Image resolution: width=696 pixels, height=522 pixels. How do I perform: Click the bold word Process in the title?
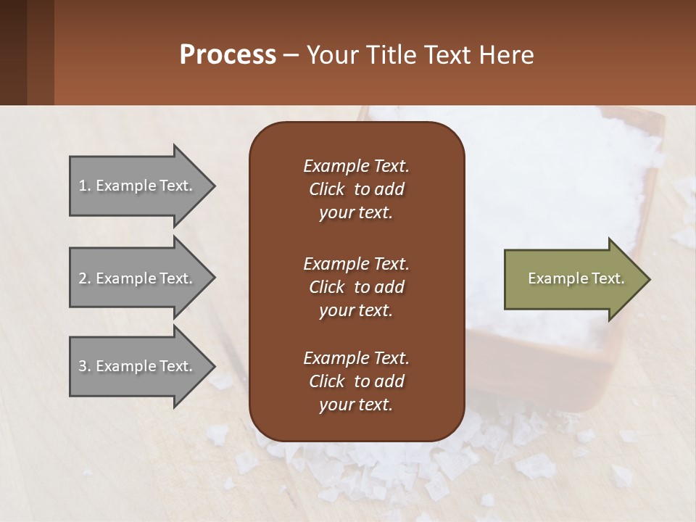228,55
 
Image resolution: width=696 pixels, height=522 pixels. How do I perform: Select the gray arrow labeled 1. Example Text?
138,186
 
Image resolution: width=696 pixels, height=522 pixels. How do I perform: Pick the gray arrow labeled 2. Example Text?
138,278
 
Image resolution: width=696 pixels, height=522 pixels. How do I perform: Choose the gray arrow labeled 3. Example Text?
138,366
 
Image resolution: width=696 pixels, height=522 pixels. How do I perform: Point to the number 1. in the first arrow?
85,186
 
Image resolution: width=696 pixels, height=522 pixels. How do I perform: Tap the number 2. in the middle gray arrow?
85,278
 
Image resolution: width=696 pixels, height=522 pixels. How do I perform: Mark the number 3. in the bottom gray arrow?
85,366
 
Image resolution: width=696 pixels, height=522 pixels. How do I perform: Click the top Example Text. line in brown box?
356,166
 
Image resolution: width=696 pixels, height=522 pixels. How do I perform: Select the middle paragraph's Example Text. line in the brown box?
356,263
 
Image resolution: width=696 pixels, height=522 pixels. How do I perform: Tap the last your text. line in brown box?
356,405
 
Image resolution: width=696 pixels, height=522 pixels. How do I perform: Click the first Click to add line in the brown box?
356,189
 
